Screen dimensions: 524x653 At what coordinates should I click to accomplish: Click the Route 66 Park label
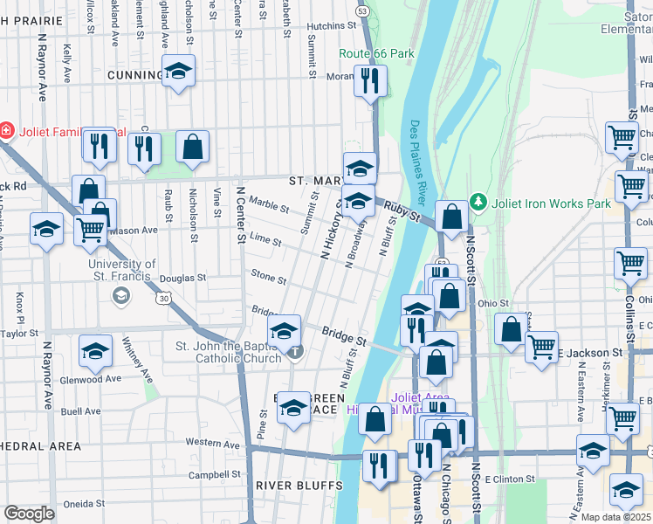click(376, 53)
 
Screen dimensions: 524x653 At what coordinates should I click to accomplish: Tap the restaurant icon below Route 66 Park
click(370, 80)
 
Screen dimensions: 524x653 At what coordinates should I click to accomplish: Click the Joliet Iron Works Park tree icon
click(477, 203)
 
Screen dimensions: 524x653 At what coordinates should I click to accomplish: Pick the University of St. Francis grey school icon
click(121, 296)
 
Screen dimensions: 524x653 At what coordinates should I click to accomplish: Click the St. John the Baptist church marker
click(295, 353)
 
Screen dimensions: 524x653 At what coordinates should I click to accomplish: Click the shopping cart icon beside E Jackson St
click(541, 346)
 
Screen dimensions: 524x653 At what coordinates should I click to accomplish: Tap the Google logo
click(29, 514)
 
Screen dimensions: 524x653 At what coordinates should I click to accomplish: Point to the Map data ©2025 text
click(615, 517)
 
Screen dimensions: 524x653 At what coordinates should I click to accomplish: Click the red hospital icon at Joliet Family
click(6, 130)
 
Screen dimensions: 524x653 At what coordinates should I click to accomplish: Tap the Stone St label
click(269, 279)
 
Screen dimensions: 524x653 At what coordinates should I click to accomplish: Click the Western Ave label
click(212, 444)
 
